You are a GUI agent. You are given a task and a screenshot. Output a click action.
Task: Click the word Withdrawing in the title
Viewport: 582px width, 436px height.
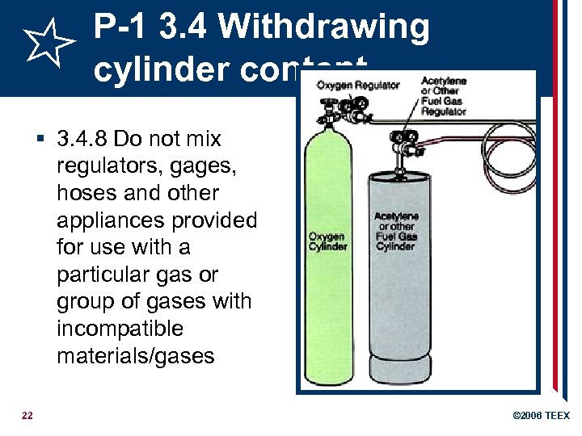point(324,27)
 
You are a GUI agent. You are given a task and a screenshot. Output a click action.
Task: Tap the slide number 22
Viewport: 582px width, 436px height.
point(27,416)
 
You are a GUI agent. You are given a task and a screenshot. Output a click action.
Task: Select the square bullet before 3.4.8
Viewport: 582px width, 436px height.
point(40,140)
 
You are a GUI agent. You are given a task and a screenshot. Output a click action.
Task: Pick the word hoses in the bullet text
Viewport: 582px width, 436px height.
point(83,193)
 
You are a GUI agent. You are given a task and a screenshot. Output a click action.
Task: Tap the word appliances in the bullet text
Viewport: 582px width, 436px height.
point(109,220)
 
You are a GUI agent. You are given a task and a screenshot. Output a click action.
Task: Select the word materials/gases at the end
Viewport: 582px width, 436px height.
point(136,356)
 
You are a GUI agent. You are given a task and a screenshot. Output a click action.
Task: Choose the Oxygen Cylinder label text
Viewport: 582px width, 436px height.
point(328,241)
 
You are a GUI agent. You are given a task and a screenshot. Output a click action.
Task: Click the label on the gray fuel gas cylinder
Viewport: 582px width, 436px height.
point(396,231)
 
